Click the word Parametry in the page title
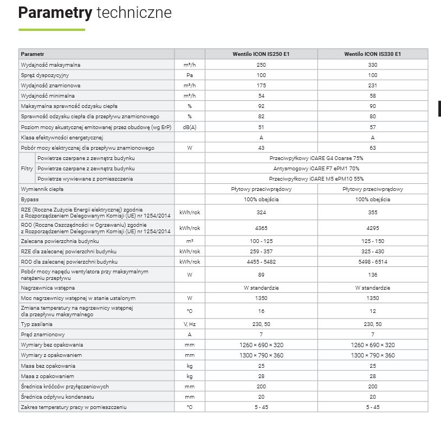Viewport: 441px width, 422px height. coord(55,12)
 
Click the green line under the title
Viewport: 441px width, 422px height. coord(51,29)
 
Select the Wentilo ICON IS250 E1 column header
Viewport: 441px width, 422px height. coord(261,54)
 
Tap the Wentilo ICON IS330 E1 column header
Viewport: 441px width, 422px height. coord(373,54)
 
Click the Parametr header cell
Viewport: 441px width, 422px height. coord(32,54)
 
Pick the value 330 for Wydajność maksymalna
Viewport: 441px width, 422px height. coord(373,65)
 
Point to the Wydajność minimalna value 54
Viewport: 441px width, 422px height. coord(261,96)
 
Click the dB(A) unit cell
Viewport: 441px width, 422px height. coord(190,127)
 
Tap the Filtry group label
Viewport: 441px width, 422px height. coord(27,168)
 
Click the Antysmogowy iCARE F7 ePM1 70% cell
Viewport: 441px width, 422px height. coord(316,168)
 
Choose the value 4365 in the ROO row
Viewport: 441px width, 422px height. coord(261,228)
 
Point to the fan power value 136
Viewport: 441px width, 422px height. coord(373,274)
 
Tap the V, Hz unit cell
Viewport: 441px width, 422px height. coord(190,324)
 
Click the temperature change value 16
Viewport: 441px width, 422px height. coord(261,311)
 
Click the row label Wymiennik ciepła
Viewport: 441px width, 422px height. coord(42,189)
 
